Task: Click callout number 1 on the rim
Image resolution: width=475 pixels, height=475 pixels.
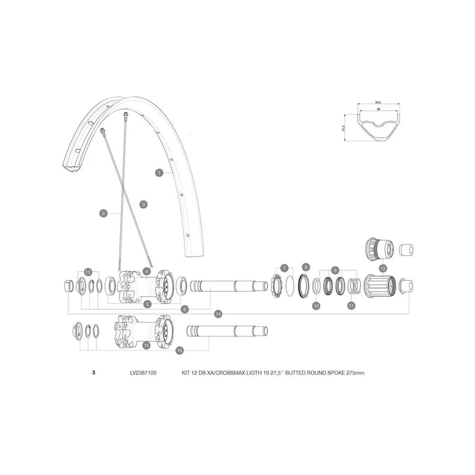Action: [x=159, y=173]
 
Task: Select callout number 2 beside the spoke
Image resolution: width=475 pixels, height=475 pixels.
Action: [x=103, y=213]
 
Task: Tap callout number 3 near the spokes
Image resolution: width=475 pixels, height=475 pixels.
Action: [x=143, y=204]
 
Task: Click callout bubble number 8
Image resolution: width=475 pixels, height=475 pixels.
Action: [x=305, y=267]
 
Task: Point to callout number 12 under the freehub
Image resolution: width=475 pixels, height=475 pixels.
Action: [x=383, y=268]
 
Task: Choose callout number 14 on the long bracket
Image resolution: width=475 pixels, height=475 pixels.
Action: [x=218, y=314]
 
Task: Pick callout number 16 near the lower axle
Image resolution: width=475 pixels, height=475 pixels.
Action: [x=180, y=351]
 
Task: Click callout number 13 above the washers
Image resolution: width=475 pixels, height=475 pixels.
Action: [x=88, y=272]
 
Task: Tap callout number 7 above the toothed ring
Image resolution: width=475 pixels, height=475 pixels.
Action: [x=284, y=268]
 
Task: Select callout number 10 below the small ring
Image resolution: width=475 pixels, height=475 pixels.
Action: [x=316, y=305]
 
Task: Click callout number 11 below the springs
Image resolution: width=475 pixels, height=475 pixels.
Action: [x=351, y=305]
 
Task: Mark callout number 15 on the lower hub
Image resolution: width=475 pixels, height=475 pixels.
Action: [x=147, y=345]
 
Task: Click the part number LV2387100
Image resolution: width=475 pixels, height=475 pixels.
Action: [x=143, y=373]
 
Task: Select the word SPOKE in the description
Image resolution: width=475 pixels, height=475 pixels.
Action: [x=336, y=373]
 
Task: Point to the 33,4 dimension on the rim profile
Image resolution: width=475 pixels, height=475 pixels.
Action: [x=378, y=103]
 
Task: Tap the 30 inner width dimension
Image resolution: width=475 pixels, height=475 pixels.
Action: [x=379, y=109]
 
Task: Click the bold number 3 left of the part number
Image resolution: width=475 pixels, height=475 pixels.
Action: [x=94, y=372]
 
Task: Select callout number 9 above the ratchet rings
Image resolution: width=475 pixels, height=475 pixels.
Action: [x=335, y=270]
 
